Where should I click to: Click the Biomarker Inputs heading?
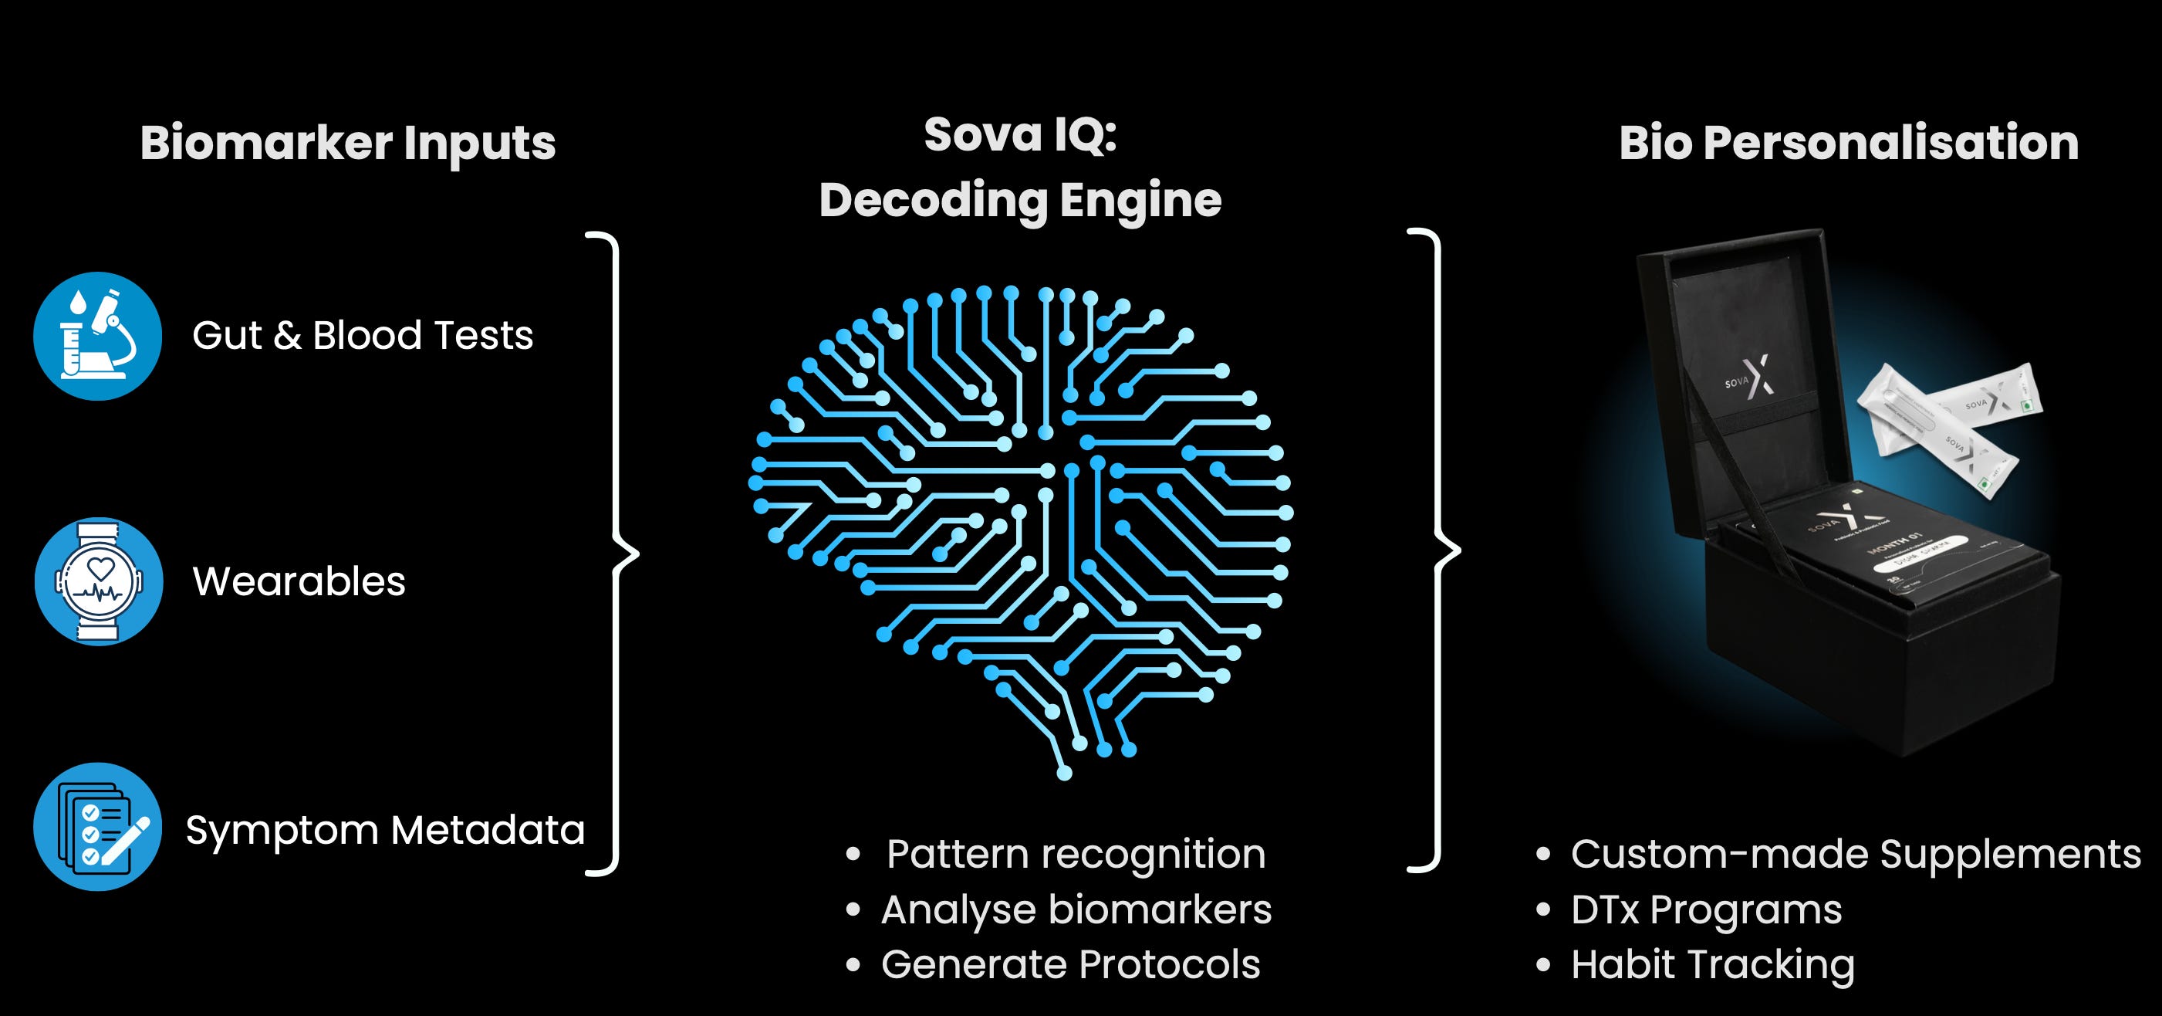[x=347, y=143]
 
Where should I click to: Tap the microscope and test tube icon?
[x=98, y=336]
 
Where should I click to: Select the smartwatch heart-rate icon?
[x=98, y=581]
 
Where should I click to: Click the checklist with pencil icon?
[x=98, y=827]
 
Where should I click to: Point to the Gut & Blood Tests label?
[x=363, y=336]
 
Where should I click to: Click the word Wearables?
[x=299, y=581]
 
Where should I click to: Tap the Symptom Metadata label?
[x=385, y=831]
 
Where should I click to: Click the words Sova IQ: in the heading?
[x=1020, y=134]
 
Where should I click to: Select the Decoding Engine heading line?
[x=1020, y=200]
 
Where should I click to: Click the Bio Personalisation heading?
[x=1848, y=143]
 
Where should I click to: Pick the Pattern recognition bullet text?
[x=1076, y=854]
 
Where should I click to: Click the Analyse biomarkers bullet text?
[x=1076, y=909]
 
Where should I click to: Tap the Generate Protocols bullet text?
[x=1070, y=964]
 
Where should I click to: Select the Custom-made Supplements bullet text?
[x=1856, y=854]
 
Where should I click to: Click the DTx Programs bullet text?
[x=1706, y=909]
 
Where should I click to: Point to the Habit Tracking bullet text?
[x=1712, y=964]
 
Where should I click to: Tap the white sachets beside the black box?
[x=1947, y=424]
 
